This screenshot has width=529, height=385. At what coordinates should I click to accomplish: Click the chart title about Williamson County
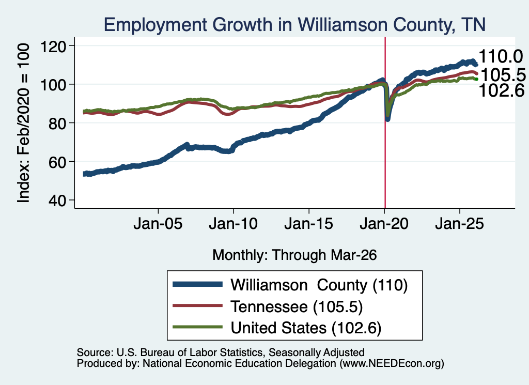click(x=294, y=25)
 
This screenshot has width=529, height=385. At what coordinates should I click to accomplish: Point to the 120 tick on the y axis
click(x=53, y=46)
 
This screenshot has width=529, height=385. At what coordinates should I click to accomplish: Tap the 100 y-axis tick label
click(x=53, y=85)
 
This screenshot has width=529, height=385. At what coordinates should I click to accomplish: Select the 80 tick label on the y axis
click(x=57, y=124)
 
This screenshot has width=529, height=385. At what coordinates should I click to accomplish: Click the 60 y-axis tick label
click(x=57, y=162)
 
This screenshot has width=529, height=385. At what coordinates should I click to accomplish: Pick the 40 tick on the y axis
click(x=57, y=201)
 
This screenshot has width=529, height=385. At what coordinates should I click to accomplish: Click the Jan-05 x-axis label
click(x=158, y=224)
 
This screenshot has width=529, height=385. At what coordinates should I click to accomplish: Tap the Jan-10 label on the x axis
click(x=234, y=224)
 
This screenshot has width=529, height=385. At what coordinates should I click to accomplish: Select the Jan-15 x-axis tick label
click(x=309, y=224)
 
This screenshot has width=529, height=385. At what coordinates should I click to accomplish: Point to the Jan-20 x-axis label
click(x=384, y=224)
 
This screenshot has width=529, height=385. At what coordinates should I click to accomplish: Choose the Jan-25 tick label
click(x=459, y=224)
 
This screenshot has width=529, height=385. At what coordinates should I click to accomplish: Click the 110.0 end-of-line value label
click(x=501, y=56)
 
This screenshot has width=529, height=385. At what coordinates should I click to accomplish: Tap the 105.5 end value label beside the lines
click(x=503, y=74)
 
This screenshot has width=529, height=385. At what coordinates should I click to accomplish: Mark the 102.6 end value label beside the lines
click(x=502, y=90)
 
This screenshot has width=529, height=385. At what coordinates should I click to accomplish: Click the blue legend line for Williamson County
click(x=198, y=284)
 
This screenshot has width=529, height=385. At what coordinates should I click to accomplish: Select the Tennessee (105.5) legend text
click(x=297, y=306)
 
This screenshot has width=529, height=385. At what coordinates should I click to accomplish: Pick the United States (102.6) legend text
click(x=306, y=328)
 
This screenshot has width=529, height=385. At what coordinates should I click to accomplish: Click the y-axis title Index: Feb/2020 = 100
click(x=24, y=123)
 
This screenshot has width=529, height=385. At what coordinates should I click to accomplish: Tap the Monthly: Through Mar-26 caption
click(x=294, y=255)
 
